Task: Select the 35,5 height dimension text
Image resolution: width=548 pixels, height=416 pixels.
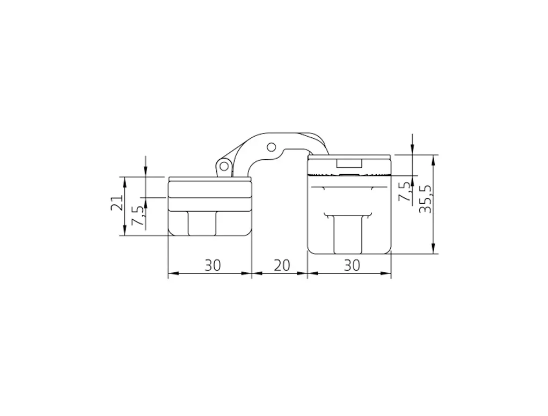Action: tap(425, 198)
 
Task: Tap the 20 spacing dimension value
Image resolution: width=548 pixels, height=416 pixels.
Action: tap(282, 265)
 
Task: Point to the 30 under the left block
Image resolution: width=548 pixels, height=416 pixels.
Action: tap(213, 265)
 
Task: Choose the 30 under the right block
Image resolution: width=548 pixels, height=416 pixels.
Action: tap(352, 265)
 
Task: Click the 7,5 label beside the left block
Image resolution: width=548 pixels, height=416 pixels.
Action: tap(138, 216)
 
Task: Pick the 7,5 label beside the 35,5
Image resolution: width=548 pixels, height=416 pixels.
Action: tap(405, 191)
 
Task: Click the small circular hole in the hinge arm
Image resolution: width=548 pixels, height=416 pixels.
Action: tap(271, 147)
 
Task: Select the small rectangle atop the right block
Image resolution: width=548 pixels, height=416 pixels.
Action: tap(349, 164)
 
